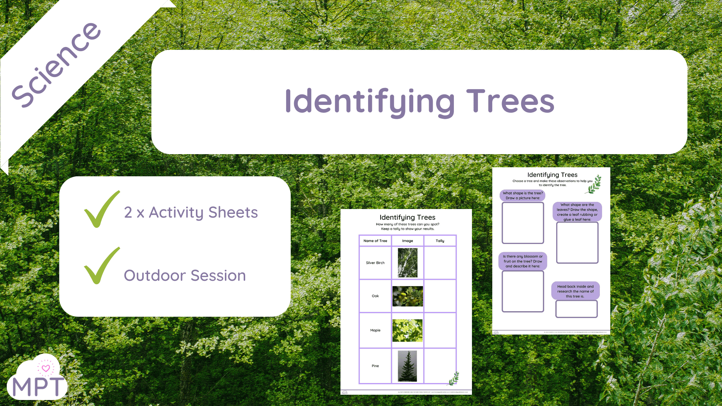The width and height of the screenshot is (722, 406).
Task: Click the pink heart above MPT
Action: pos(46,368)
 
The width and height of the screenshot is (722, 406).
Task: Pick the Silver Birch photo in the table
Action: pos(408,263)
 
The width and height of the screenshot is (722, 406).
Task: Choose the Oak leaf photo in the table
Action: pos(408,296)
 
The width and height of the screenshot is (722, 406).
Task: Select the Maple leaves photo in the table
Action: pos(408,330)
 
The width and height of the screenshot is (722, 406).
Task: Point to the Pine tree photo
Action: pos(408,366)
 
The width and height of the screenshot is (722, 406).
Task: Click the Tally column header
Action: pos(440,241)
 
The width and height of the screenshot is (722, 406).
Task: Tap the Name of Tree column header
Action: pos(375,241)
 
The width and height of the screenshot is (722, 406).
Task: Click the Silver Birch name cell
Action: pos(375,263)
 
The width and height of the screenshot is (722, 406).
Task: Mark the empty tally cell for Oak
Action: pos(440,296)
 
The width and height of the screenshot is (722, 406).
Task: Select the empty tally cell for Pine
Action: pos(440,366)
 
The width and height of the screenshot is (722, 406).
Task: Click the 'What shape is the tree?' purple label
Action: pos(523,195)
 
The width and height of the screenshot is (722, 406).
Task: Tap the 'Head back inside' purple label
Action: pos(575,291)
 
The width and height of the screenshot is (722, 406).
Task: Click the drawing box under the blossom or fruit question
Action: pos(523,291)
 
